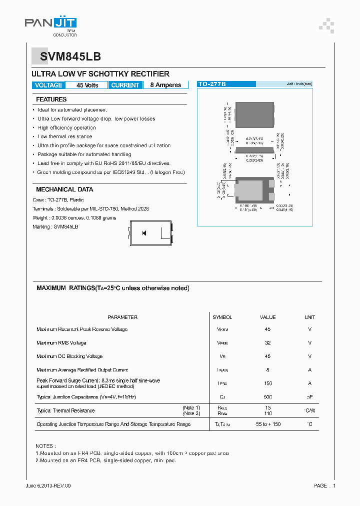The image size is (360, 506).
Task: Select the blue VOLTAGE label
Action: (x=48, y=85)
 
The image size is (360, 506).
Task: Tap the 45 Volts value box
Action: (x=87, y=85)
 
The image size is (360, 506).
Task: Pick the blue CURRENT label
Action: (x=125, y=85)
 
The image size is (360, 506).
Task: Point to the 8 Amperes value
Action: (x=165, y=85)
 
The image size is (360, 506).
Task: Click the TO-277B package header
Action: (x=212, y=84)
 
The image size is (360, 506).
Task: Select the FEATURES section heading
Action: (x=51, y=99)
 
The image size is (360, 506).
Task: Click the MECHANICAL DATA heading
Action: (x=64, y=189)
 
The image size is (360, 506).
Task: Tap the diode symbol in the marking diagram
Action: (x=144, y=233)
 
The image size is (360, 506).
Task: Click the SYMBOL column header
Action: (x=222, y=317)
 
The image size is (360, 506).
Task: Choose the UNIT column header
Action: (x=310, y=317)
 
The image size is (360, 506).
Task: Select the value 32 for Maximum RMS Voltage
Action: (x=268, y=343)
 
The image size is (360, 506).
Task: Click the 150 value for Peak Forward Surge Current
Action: (x=268, y=383)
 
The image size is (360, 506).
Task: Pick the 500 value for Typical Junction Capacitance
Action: (x=268, y=397)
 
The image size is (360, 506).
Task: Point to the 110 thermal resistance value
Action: (x=268, y=414)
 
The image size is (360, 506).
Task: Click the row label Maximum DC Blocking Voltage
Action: (x=69, y=356)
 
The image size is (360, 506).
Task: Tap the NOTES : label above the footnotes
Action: (x=45, y=445)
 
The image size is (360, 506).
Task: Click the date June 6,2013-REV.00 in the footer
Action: (x=48, y=485)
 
